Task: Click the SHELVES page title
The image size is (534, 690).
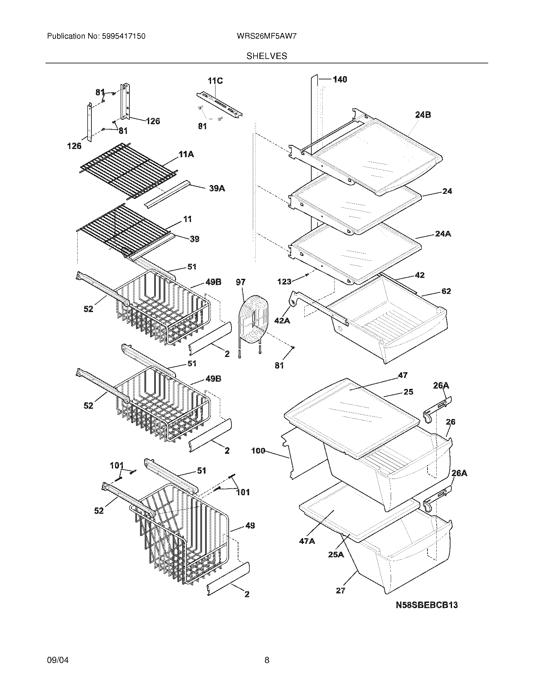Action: click(x=267, y=56)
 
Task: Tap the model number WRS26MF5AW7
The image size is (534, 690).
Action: click(x=266, y=36)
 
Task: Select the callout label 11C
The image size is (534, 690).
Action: click(x=215, y=81)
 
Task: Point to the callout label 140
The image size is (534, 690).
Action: click(x=340, y=79)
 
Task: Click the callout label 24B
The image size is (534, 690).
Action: click(x=423, y=115)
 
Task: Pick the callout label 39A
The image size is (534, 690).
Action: click(x=217, y=188)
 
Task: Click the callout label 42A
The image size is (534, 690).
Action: click(x=282, y=321)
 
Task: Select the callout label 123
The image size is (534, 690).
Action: click(x=284, y=282)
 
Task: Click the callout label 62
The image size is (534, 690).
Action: click(x=446, y=291)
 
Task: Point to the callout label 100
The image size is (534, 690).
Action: click(x=258, y=451)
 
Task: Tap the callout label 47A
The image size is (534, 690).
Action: click(x=307, y=541)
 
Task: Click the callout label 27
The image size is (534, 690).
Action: click(x=341, y=590)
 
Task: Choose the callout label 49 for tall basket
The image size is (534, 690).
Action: click(x=250, y=526)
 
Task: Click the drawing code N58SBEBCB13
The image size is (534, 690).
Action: click(x=427, y=605)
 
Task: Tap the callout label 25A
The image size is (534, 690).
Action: click(x=336, y=555)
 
